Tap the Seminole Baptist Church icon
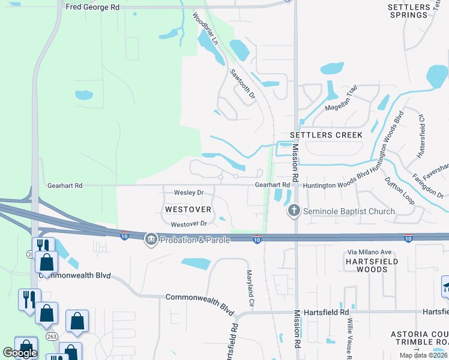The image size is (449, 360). click(x=294, y=211)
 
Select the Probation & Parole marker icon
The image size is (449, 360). click(x=151, y=240)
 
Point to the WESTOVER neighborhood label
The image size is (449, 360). click(x=188, y=209)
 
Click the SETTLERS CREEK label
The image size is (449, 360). click(x=326, y=135)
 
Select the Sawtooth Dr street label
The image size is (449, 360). click(x=243, y=83)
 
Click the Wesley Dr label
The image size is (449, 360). click(x=188, y=193)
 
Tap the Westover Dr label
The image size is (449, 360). click(x=188, y=224)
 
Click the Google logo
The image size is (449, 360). click(x=20, y=352)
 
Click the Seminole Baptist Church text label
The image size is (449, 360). click(x=349, y=211)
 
